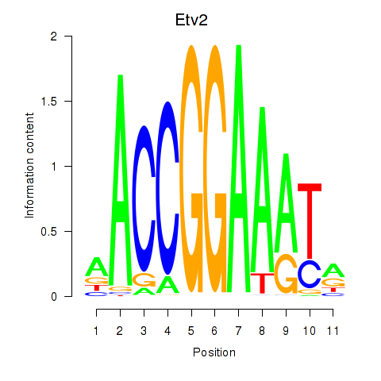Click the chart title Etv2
pyautogui.click(x=191, y=20)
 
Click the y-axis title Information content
pyautogui.click(x=29, y=165)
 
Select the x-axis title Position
pyautogui.click(x=214, y=352)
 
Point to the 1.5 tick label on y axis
pyautogui.click(x=49, y=102)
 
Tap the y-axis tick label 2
pyautogui.click(x=54, y=37)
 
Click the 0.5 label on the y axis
pyautogui.click(x=49, y=232)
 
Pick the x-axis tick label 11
pyautogui.click(x=333, y=331)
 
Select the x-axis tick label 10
pyautogui.click(x=310, y=331)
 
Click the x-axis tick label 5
pyautogui.click(x=191, y=331)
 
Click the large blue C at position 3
pyautogui.click(x=144, y=198)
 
